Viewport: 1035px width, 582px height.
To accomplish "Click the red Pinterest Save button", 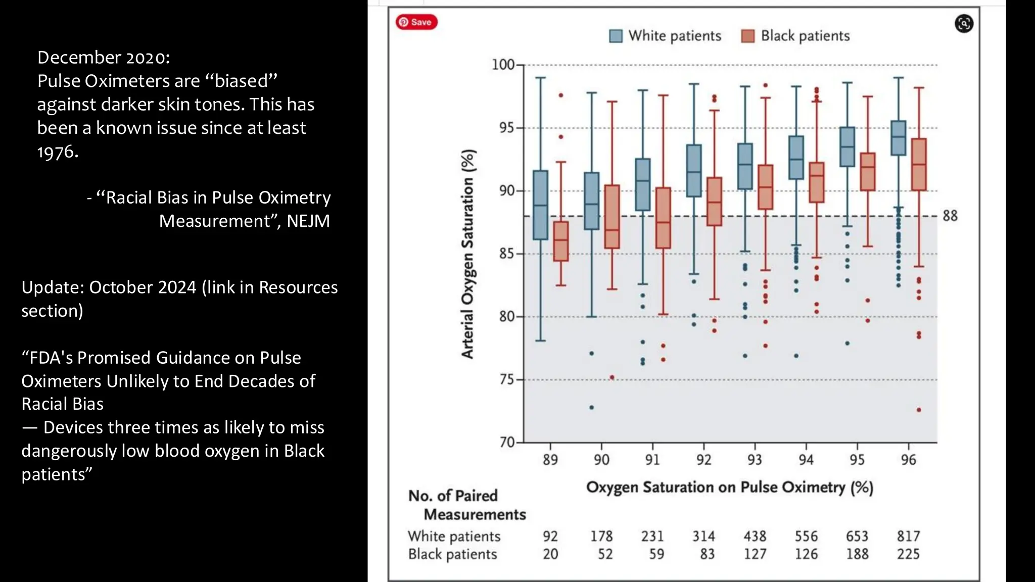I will (x=416, y=22).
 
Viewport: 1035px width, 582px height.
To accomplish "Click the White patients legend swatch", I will (x=616, y=36).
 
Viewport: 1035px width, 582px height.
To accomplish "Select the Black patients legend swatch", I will (x=747, y=36).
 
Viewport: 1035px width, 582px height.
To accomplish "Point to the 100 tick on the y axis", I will (x=503, y=65).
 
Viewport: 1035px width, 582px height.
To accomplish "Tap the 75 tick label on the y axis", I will (x=506, y=379).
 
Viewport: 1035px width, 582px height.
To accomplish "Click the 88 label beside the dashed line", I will (x=950, y=216).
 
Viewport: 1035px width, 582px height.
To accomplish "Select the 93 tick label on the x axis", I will (x=755, y=460).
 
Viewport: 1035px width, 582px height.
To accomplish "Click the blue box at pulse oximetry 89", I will (x=540, y=205).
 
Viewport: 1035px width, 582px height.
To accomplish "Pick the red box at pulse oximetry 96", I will (x=919, y=164).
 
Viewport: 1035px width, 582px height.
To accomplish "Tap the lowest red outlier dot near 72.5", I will (x=919, y=410).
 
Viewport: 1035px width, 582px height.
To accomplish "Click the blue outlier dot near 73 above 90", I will (x=592, y=407).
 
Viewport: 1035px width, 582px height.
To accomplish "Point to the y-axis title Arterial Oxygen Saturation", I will (x=468, y=254).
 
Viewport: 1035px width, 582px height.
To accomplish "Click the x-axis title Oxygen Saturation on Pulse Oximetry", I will (x=729, y=487).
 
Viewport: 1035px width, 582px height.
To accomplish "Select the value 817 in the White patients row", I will (x=908, y=536).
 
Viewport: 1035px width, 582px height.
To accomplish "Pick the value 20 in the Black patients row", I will (x=550, y=554).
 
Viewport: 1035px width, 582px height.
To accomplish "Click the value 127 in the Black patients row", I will (x=755, y=554).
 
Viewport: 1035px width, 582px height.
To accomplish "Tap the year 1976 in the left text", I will (x=57, y=152).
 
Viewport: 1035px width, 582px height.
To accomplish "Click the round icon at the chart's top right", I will (x=964, y=23).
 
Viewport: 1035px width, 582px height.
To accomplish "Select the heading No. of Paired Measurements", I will (x=466, y=505).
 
